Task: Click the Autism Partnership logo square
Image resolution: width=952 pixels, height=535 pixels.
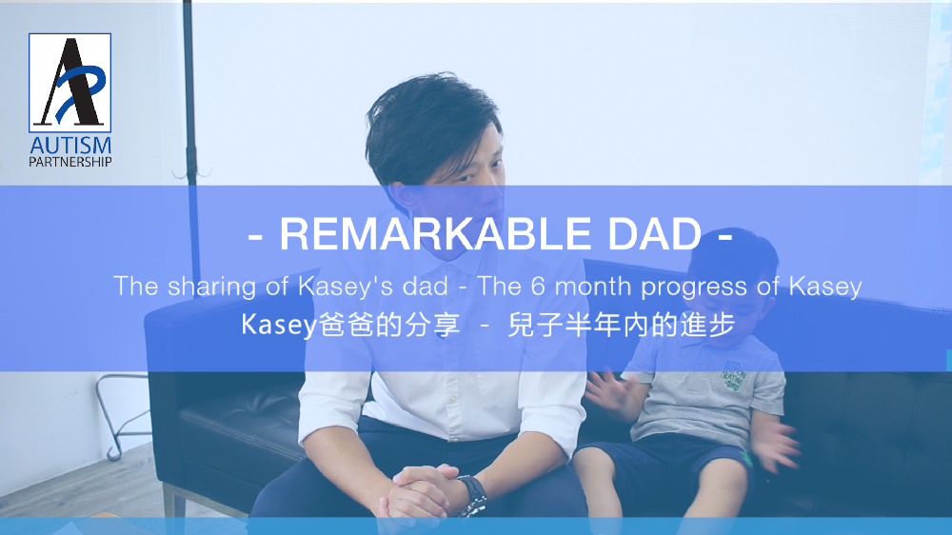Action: tap(69, 83)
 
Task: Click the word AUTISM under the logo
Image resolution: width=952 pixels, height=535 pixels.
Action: tap(70, 146)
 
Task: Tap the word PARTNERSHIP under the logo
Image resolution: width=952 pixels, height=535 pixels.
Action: tap(70, 162)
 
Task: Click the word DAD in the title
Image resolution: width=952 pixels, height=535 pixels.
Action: tap(655, 234)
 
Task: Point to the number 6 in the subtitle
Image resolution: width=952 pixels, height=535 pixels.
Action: tap(538, 286)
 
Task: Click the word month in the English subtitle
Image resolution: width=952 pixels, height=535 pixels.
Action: tap(593, 286)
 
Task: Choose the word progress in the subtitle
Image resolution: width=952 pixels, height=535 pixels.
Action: tap(694, 287)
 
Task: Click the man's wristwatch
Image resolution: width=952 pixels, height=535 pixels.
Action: tap(473, 494)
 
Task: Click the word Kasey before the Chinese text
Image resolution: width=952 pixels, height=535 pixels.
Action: tap(279, 326)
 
